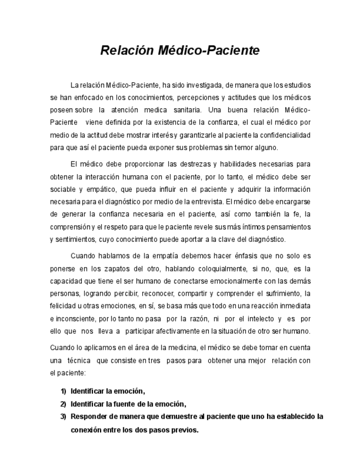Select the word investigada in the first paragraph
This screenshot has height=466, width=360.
(x=204, y=86)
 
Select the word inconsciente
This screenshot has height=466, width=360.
(x=75, y=319)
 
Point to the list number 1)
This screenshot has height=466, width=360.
(x=63, y=391)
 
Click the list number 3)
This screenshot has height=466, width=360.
(x=63, y=417)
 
